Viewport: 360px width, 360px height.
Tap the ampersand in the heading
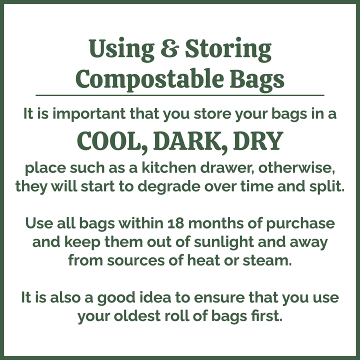point(172,50)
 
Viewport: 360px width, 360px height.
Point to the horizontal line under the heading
point(180,94)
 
